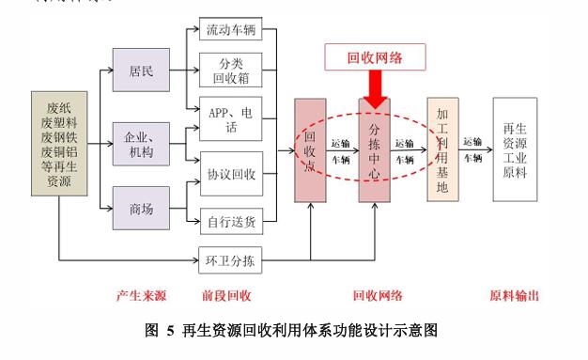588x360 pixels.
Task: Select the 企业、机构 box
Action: [140, 145]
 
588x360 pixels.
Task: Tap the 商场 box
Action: [140, 209]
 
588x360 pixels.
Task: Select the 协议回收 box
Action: [231, 175]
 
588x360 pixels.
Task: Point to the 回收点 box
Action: [309, 149]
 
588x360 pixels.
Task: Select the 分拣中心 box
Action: [374, 149]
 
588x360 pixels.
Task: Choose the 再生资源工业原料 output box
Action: [521, 149]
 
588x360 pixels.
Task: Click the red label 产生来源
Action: [141, 296]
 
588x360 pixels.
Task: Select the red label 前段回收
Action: [226, 296]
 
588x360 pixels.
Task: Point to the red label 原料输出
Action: [514, 296]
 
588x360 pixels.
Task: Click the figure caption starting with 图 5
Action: [294, 330]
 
